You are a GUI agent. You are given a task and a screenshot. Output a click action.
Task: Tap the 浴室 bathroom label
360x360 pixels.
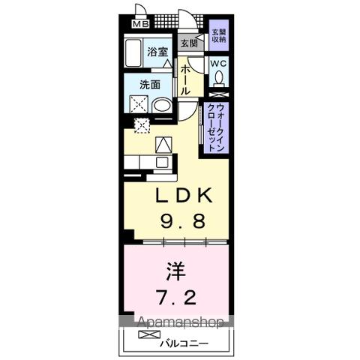coord(156,52)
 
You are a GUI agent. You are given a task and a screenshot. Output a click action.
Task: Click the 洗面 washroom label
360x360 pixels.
coord(151,84)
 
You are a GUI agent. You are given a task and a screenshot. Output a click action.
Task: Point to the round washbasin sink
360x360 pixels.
coord(161,105)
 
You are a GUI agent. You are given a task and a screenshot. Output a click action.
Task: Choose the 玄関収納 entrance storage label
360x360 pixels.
coord(217,37)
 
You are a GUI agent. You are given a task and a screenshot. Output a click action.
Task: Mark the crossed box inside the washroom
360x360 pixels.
coord(140,104)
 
